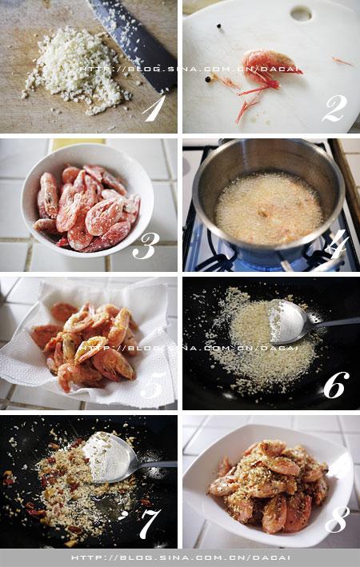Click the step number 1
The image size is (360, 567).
[x=154, y=108]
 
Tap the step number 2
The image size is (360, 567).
[x=334, y=108]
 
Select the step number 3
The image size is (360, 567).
[x=146, y=246]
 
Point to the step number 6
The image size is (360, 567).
[x=336, y=385]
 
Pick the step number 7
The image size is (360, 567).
[x=150, y=523]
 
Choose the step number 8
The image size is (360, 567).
[x=338, y=519]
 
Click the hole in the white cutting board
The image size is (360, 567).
[x=301, y=14]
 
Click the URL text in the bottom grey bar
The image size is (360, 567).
[x=181, y=558]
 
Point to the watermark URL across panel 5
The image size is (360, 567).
[x=189, y=348]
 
